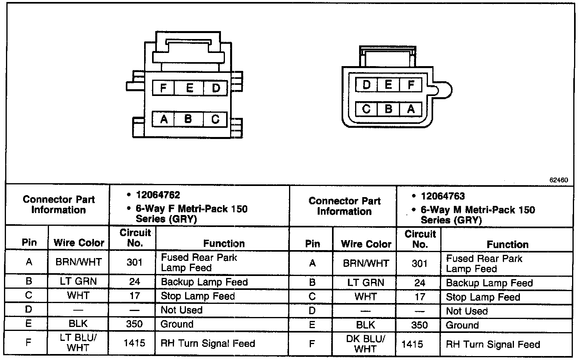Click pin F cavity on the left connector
point(163,88)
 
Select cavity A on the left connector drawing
point(164,119)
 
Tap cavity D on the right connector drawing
point(366,84)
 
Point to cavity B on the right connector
point(389,109)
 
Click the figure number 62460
point(559,180)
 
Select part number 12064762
point(158,195)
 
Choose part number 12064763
point(443,196)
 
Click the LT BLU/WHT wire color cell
point(78,342)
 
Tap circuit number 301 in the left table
point(135,262)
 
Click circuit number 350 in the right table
point(420,325)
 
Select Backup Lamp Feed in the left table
point(204,282)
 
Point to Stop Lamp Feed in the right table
point(483,297)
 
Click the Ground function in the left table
point(177,324)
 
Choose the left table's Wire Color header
point(79,243)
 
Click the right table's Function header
point(508,244)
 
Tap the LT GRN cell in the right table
point(365,283)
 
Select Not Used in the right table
point(467,311)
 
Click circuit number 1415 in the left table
point(135,343)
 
